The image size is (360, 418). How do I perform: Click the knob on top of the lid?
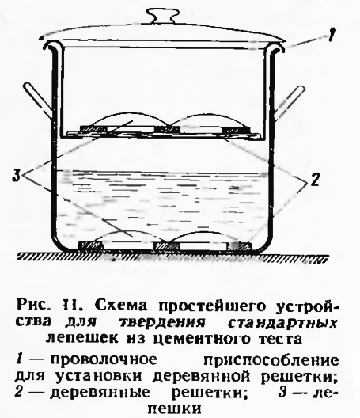pyautogui.click(x=162, y=16)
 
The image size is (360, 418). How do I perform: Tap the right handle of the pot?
pyautogui.click(x=290, y=101)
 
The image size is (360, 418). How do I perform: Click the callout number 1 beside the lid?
pyautogui.click(x=331, y=34)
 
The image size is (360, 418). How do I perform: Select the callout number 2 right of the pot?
pyautogui.click(x=315, y=180)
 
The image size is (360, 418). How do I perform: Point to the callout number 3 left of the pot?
pyautogui.click(x=17, y=176)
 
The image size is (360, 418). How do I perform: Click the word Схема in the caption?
pyautogui.click(x=121, y=305)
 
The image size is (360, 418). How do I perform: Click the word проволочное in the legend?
pyautogui.click(x=104, y=359)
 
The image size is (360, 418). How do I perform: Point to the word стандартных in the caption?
pyautogui.click(x=283, y=322)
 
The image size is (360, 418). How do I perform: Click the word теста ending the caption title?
pyautogui.click(x=282, y=339)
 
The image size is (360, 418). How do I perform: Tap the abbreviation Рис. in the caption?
pyautogui.click(x=32, y=305)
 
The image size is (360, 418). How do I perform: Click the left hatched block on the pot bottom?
pyautogui.click(x=91, y=246)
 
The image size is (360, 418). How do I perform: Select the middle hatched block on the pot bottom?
pyautogui.click(x=165, y=246)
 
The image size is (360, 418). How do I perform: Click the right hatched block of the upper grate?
pyautogui.click(x=237, y=130)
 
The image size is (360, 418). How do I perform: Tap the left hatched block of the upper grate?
pyautogui.click(x=94, y=130)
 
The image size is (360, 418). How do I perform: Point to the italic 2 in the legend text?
pyautogui.click(x=19, y=392)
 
